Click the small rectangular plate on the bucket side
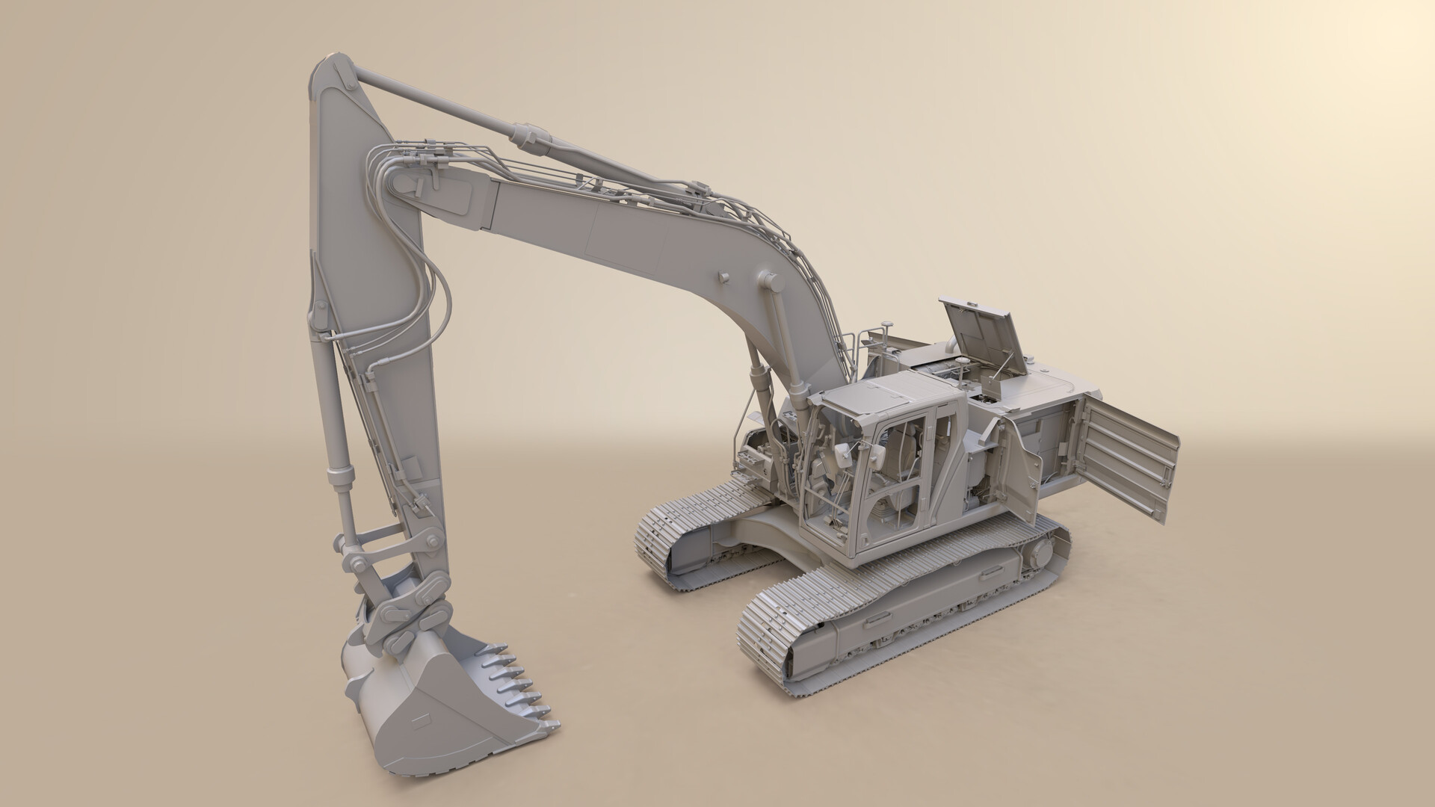coord(420,720)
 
